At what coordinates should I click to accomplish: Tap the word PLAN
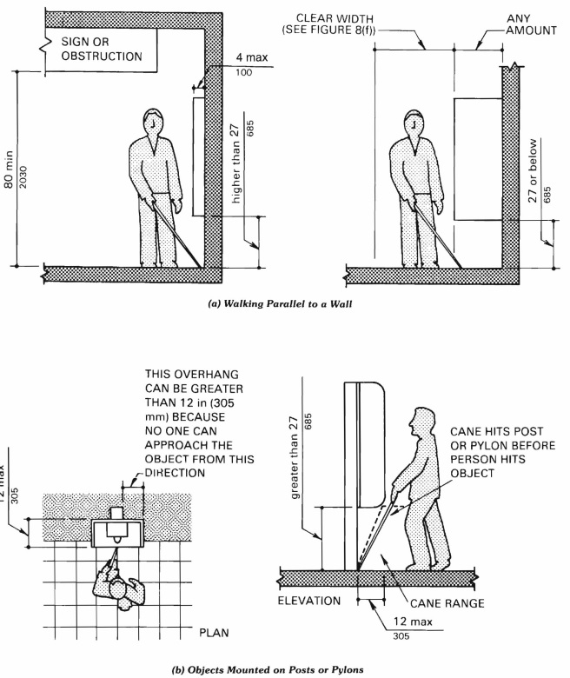[x=213, y=632]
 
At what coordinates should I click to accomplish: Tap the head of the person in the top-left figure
[x=154, y=121]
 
